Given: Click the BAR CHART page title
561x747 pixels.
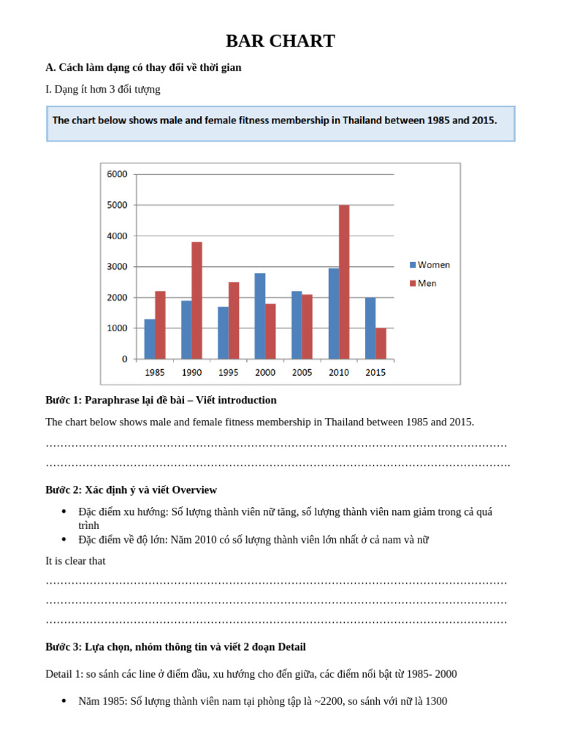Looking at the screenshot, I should (280, 41).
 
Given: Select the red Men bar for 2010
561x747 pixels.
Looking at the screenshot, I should (344, 282).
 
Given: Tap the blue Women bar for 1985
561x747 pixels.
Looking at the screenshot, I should (150, 338).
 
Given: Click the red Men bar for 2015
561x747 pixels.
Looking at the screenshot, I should (381, 343).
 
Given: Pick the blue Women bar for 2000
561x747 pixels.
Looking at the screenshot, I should (260, 316).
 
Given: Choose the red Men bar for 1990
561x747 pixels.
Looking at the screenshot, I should (196, 300).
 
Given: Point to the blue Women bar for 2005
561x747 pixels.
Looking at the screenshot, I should (297, 325).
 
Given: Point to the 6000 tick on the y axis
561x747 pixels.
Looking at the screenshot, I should (117, 174).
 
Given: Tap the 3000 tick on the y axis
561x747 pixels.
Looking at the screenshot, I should (117, 266).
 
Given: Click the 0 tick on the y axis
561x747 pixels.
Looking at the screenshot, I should (124, 359).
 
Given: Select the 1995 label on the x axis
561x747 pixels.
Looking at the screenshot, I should (229, 372).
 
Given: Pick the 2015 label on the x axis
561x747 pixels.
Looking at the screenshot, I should (375, 372).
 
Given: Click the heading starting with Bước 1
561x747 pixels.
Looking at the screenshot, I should (161, 400).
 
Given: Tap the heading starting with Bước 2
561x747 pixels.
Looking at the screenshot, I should (131, 489).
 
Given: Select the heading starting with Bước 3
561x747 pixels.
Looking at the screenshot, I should (175, 646).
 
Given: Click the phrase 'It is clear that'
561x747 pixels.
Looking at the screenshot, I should (75, 560).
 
